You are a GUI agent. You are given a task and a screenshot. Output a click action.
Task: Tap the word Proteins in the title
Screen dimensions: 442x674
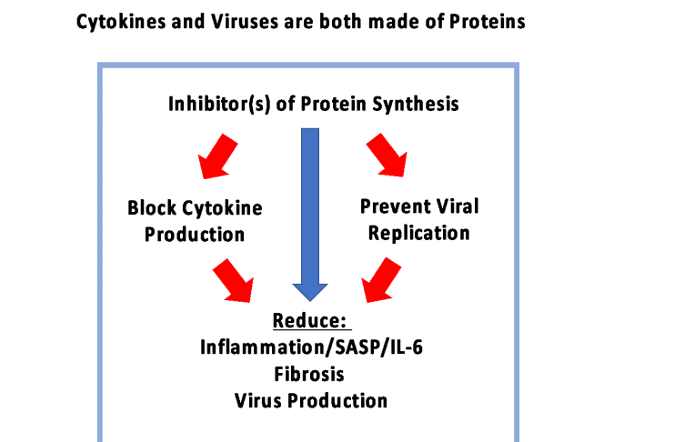coord(488,22)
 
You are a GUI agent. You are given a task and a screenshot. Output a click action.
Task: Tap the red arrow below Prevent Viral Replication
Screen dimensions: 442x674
coord(382,280)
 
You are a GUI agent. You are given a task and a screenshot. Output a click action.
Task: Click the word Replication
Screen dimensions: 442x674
coord(417,233)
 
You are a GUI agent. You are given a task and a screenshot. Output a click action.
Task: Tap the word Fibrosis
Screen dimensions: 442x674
coord(309,373)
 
